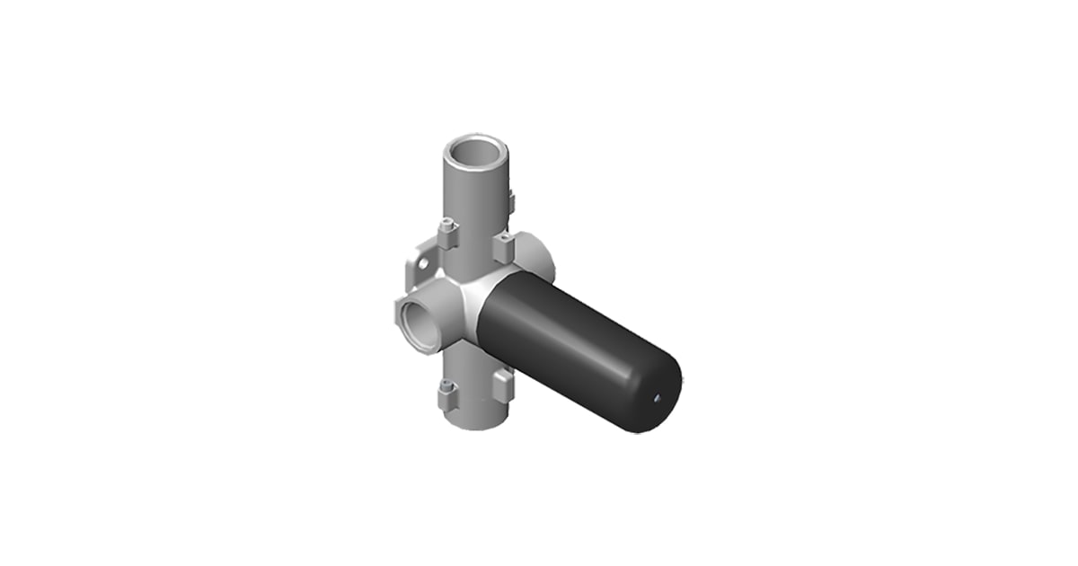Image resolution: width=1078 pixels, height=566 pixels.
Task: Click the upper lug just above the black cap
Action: [x=504, y=245]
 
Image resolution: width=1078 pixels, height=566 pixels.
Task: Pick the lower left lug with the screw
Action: [x=446, y=393]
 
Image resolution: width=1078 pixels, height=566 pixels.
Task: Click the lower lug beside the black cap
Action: [x=503, y=385]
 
